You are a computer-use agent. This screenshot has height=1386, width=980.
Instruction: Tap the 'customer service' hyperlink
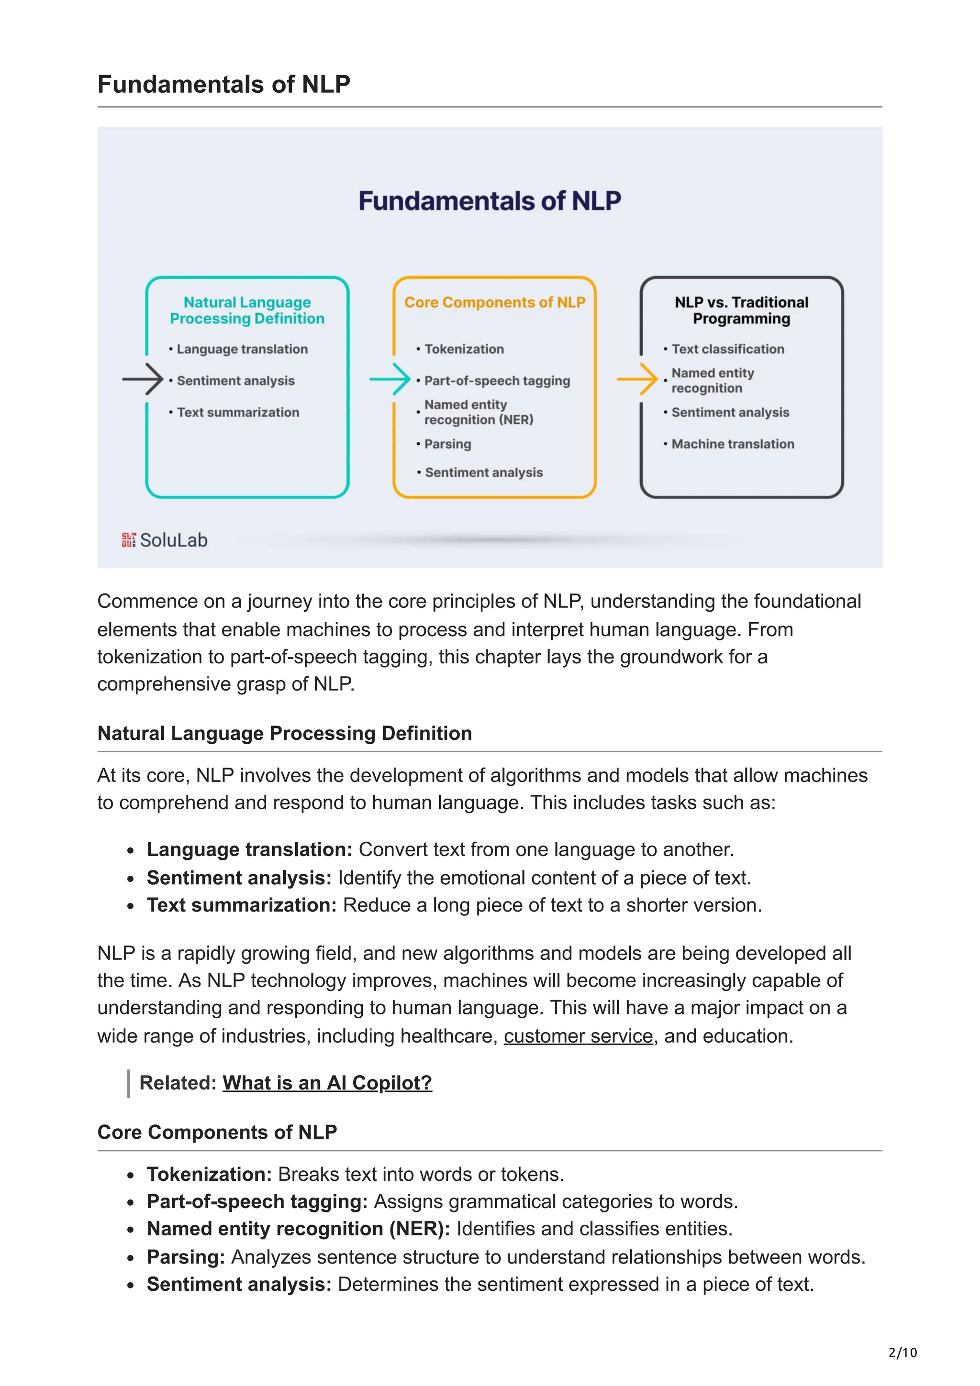point(578,1036)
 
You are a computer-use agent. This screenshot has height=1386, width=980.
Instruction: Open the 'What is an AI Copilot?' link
point(327,1083)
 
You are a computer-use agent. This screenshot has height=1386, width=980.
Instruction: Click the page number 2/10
point(902,1352)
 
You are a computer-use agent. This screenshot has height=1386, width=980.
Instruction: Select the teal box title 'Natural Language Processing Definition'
point(247,310)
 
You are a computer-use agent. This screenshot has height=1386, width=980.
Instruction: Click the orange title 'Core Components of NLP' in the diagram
point(494,302)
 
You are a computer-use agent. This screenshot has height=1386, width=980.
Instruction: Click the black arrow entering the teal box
point(143,380)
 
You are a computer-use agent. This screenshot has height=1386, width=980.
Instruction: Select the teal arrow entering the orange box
point(390,380)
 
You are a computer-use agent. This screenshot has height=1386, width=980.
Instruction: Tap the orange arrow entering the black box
point(638,380)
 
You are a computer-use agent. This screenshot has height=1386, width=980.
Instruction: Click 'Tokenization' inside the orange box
point(464,349)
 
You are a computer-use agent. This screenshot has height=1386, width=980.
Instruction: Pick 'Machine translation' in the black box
point(733,444)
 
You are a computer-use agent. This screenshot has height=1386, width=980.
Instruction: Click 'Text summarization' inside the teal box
point(238,412)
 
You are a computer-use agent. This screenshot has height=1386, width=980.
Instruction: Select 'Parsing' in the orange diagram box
point(447,444)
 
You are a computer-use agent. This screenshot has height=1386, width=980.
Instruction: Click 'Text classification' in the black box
point(728,349)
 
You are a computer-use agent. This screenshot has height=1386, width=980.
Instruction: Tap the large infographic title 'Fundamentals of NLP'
point(490,201)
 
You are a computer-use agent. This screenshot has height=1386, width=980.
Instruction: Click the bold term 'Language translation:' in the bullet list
point(249,849)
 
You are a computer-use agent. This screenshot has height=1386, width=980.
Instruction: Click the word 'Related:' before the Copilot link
point(178,1083)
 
